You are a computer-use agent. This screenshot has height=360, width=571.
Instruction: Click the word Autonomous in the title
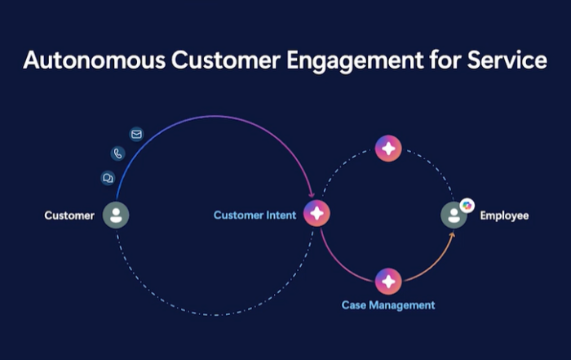95,60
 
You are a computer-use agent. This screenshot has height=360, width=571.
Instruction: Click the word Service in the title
507,60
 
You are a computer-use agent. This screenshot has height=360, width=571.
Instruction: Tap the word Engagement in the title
355,62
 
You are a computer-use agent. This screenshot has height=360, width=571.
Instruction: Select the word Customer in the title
226,60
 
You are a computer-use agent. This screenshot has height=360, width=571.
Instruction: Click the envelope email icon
136,135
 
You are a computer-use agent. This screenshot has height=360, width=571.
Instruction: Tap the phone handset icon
118,153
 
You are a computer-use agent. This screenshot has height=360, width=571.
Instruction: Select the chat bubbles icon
108,178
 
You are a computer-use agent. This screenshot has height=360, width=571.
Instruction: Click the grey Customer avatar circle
116,215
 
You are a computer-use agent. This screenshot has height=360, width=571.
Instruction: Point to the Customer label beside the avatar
69,216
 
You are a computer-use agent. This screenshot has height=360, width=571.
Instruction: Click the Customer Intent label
255,215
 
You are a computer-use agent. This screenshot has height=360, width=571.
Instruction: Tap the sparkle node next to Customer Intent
316,213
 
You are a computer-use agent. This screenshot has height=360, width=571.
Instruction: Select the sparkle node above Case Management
388,282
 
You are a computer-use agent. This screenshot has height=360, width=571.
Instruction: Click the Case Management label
388,305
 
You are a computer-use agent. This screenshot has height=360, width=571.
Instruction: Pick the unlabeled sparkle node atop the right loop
388,149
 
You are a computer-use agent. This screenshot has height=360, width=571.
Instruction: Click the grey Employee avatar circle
454,215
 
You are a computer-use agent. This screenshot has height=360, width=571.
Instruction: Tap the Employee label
504,216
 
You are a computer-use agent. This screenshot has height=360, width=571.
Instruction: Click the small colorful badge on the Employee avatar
467,206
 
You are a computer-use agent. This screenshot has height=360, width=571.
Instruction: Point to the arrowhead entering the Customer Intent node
312,194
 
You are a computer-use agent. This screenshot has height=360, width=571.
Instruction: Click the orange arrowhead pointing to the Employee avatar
452,234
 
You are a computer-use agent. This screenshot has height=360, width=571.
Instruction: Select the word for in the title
445,60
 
